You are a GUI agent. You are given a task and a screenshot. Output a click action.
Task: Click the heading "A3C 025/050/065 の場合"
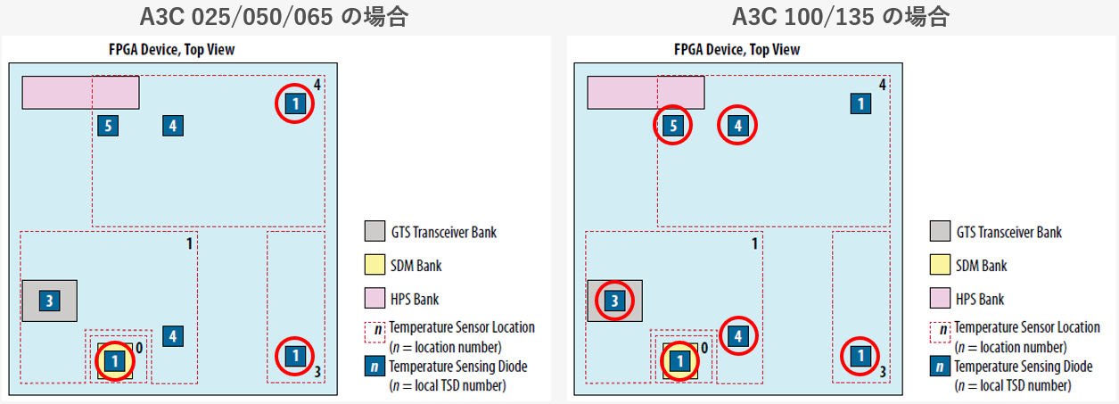tap(273, 16)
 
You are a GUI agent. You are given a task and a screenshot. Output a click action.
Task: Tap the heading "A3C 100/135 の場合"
tap(840, 16)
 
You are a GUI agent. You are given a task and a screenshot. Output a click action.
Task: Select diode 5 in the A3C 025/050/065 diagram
tap(107, 126)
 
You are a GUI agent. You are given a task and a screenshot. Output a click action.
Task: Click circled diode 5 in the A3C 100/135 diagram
tap(673, 126)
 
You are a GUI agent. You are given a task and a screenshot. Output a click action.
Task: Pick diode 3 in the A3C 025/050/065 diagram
tap(50, 301)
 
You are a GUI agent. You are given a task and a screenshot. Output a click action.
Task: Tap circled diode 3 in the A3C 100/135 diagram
tap(614, 301)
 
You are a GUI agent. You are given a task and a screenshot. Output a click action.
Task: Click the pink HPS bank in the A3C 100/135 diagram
tap(646, 93)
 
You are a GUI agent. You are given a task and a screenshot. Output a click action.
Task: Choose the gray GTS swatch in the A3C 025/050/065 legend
tap(374, 232)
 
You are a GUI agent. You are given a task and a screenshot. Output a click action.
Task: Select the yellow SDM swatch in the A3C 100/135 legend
tap(940, 266)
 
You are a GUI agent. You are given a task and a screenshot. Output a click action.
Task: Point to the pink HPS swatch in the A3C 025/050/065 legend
tap(374, 299)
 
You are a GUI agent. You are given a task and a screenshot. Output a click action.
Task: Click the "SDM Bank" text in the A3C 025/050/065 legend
tap(416, 266)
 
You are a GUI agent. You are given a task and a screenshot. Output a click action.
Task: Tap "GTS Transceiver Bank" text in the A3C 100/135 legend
tap(1008, 232)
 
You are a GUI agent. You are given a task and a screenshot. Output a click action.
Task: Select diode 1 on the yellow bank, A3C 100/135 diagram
tap(679, 361)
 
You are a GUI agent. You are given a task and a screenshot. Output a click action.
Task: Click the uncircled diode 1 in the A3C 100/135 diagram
tap(860, 104)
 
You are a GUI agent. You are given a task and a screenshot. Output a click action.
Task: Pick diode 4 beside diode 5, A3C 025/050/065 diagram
tap(173, 126)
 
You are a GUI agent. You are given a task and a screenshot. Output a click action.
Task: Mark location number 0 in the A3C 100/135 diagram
tap(705, 345)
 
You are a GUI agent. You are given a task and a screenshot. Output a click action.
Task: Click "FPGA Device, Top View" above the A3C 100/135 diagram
tap(736, 50)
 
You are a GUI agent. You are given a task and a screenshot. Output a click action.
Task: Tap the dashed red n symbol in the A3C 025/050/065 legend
tap(374, 332)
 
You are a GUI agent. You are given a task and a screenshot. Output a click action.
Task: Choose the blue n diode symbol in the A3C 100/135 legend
tap(940, 366)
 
